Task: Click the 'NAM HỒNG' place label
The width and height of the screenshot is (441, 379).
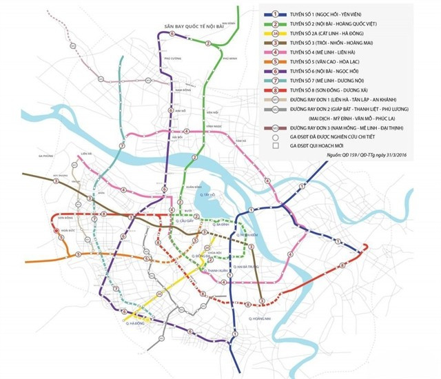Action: coord(183,90)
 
